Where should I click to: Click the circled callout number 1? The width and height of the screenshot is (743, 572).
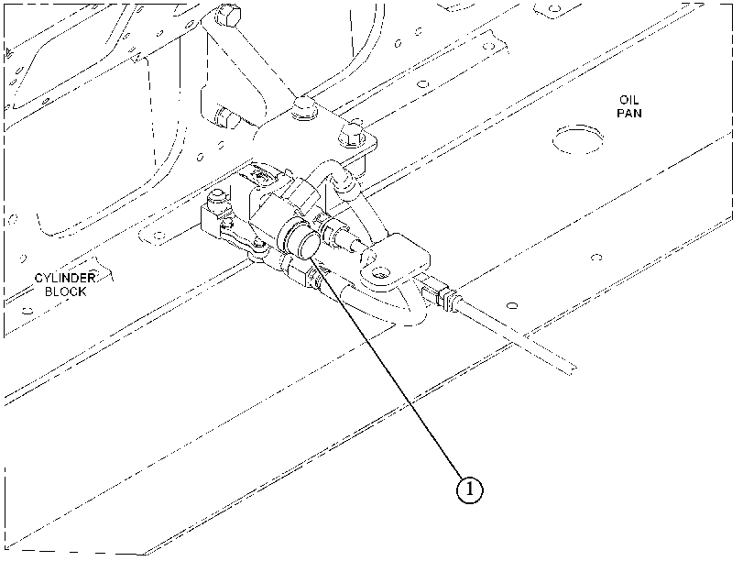pyautogui.click(x=470, y=489)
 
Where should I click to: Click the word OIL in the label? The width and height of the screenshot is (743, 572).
pyautogui.click(x=628, y=100)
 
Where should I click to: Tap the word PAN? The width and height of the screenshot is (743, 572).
pyautogui.click(x=629, y=114)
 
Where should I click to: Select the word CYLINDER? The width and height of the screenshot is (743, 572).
pyautogui.click(x=65, y=278)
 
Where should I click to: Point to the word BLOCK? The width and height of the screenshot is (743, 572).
pyautogui.click(x=65, y=291)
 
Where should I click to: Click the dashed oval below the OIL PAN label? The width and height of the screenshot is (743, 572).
pyautogui.click(x=578, y=140)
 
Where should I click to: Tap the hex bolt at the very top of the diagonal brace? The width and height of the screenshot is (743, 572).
pyautogui.click(x=226, y=17)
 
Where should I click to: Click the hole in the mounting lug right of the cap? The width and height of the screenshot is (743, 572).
pyautogui.click(x=379, y=272)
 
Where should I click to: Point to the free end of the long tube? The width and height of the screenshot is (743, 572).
pyautogui.click(x=574, y=370)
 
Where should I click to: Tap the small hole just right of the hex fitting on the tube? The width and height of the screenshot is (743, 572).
pyautogui.click(x=512, y=305)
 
